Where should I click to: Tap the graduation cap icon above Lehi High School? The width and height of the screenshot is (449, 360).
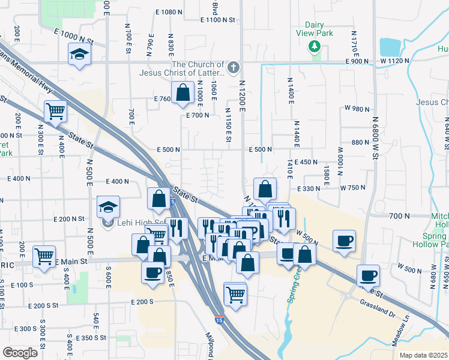(x=109, y=208)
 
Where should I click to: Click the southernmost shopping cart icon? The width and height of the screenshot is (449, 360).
(x=235, y=294)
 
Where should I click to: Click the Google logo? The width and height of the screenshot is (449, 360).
(x=19, y=352)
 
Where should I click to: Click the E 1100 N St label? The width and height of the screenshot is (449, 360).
(x=220, y=20)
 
